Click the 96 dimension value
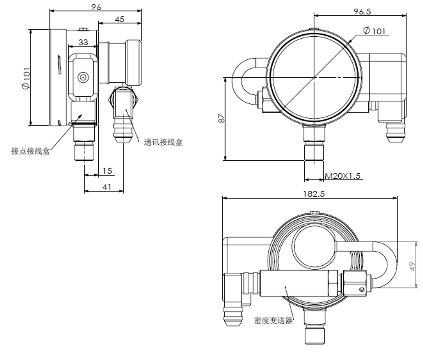pos(96,7)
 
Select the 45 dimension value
pos(119,19)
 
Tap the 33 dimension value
pos(83,42)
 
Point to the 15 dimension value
pos(107,171)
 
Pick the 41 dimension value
pos(107,187)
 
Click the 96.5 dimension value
pos(362,11)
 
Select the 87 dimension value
pos(221,118)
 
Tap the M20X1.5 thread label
pos(343,176)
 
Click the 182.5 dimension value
pos(314,194)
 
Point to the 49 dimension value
pos(413,266)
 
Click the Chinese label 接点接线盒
pos(31,151)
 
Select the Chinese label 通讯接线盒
pos(163,142)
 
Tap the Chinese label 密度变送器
pos(273,320)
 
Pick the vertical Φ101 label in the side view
pos(26,78)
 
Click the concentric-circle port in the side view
pos(83,77)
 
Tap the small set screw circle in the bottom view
pos(362,289)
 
